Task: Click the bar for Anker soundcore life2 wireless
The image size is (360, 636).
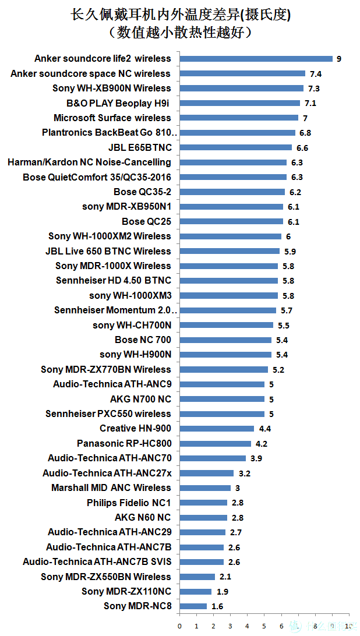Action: [x=256, y=59]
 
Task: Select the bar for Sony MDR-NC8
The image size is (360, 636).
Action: [x=193, y=606]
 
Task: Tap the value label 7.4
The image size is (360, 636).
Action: [x=316, y=74]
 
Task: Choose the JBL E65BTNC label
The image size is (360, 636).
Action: [x=140, y=147]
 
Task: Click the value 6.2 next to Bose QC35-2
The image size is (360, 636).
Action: [x=295, y=192]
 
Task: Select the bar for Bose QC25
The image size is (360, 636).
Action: [x=231, y=221]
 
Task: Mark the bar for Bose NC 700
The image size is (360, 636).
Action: [x=225, y=340]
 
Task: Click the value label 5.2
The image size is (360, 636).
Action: [x=278, y=370]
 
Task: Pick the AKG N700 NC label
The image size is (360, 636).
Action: [x=140, y=399]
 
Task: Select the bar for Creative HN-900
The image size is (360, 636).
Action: [x=217, y=429]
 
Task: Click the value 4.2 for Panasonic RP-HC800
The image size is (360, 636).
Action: [x=262, y=444]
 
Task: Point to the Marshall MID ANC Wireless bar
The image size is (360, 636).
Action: [x=205, y=488]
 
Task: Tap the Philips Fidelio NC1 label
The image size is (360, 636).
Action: [x=129, y=503]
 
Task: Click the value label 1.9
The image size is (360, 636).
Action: [x=222, y=592]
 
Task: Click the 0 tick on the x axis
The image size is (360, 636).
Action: [x=179, y=626]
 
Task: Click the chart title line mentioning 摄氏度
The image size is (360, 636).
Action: [x=181, y=15]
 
